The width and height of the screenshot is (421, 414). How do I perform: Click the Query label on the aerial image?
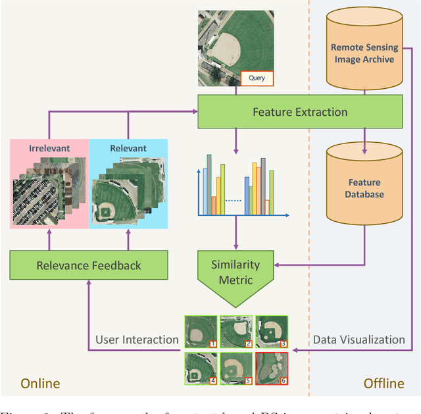click(x=256, y=78)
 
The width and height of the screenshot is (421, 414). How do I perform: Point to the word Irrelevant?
click(x=49, y=148)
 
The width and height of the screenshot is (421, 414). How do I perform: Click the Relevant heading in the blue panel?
click(x=128, y=148)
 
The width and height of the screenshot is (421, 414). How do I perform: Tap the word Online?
click(x=40, y=384)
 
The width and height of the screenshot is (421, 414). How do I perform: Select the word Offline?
click(x=384, y=384)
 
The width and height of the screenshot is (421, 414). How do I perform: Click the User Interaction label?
click(x=137, y=340)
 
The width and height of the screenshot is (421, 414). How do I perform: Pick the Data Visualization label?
click(x=359, y=340)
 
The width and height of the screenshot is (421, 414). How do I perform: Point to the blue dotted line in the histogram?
click(x=234, y=200)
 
